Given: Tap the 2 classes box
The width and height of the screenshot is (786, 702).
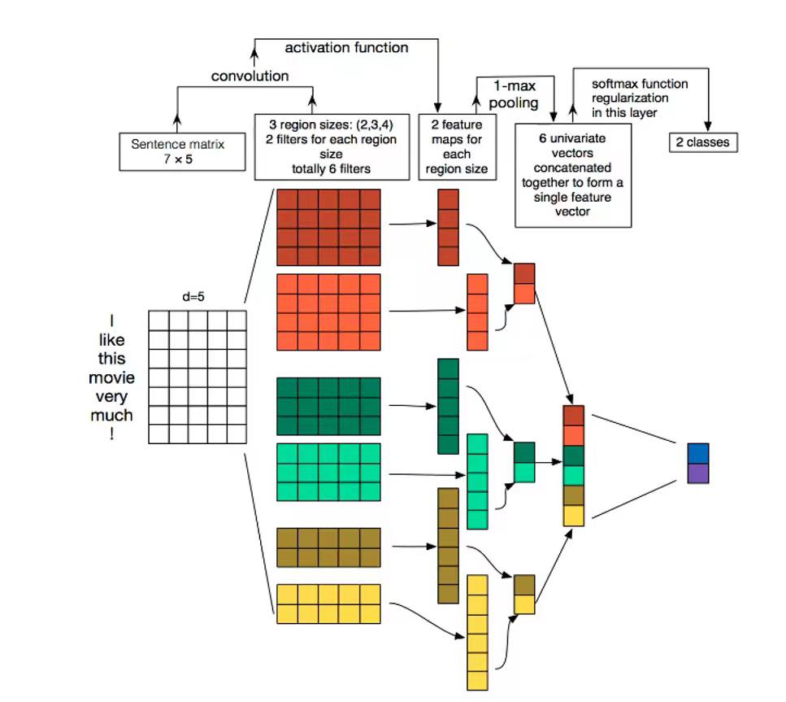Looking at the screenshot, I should tap(702, 143).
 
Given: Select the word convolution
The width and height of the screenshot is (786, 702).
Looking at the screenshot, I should tap(250, 76).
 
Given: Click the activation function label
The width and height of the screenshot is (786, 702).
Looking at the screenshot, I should tap(346, 48).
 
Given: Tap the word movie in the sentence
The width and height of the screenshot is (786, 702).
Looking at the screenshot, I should tap(112, 377).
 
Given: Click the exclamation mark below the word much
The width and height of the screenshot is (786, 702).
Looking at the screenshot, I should tap(112, 434).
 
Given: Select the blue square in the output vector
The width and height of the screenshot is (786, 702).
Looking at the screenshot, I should tap(697, 453).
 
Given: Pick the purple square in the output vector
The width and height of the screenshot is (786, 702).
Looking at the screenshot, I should tap(697, 473).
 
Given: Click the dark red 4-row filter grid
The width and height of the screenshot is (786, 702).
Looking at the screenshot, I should tap(328, 227).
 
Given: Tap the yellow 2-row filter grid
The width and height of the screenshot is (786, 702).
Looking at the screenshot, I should tap(328, 604).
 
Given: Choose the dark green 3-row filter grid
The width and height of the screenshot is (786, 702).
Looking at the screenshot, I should tap(328, 406).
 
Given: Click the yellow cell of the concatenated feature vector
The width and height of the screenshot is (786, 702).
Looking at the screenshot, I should tap(573, 515).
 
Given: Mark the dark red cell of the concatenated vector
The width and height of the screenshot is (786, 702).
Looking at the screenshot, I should tap(573, 416).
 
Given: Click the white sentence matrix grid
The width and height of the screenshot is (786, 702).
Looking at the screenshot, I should tap(197, 376).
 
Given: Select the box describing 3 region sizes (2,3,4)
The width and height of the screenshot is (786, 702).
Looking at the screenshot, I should tap(332, 146).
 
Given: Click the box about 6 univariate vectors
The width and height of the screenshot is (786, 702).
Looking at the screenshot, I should tap(573, 174).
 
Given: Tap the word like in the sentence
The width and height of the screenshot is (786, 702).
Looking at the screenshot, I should tap(112, 339).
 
